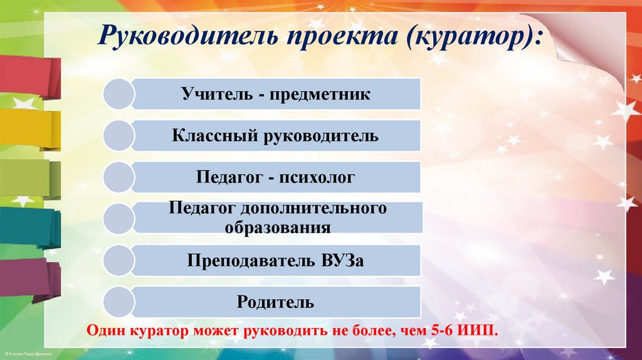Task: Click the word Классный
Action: click(208, 135)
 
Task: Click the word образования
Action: click(277, 227)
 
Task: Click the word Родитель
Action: click(275, 302)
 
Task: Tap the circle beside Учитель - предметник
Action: click(118, 95)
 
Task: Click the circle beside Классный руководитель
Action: click(118, 135)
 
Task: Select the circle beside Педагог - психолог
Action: click(118, 177)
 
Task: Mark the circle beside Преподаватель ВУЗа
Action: click(118, 260)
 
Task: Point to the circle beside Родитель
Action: click(118, 302)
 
